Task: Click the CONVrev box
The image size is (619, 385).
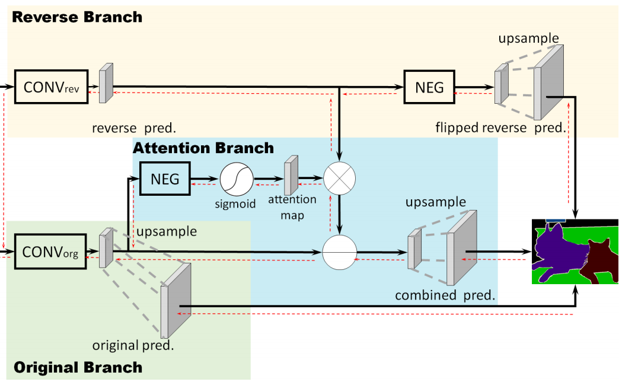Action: (50, 87)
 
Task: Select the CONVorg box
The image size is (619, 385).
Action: (50, 252)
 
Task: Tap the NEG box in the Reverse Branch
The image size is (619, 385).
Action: (429, 87)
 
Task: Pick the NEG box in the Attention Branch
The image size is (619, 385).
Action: (165, 178)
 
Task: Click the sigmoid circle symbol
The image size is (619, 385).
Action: (237, 178)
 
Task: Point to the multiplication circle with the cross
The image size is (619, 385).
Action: (340, 177)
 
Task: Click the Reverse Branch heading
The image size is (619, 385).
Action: (77, 17)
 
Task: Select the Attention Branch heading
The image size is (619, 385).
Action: (203, 148)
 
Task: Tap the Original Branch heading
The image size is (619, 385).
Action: (78, 367)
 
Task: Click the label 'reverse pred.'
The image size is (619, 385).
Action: (135, 128)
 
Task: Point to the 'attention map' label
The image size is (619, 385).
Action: (292, 208)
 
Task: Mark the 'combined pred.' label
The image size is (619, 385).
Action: (445, 295)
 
